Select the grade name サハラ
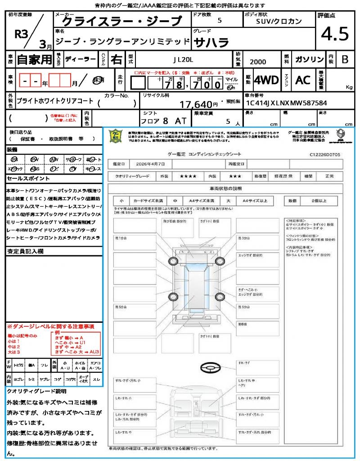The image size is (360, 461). click(x=211, y=42)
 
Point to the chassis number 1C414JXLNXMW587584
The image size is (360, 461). click(x=286, y=103)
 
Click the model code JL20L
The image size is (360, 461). click(x=184, y=59)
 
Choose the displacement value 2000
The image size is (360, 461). click(x=257, y=62)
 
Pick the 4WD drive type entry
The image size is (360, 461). click(x=266, y=80)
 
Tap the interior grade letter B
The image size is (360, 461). click(x=344, y=59)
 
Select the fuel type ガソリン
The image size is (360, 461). click(x=309, y=59)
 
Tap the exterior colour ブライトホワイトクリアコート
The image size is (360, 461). click(x=54, y=101)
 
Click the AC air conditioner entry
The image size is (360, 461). click(x=303, y=80)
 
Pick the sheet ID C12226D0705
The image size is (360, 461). click(x=325, y=154)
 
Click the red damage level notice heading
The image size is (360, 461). click(x=50, y=326)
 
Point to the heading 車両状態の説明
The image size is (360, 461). click(x=225, y=188)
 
